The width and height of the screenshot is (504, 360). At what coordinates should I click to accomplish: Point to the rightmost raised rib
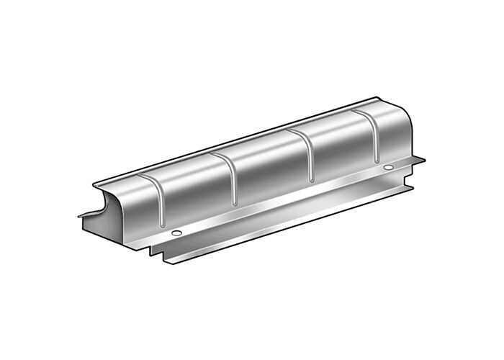pyautogui.click(x=374, y=137)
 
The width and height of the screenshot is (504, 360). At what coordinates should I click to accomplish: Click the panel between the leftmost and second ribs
pyautogui.click(x=194, y=191)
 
